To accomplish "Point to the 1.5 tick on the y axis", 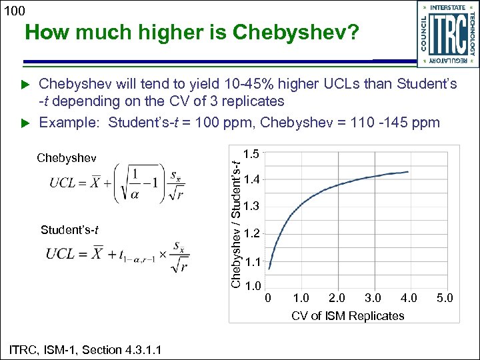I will pyautogui.click(x=252, y=154).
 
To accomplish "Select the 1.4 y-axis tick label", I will pyautogui.click(x=252, y=179).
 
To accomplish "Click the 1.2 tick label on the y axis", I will pyautogui.click(x=252, y=233).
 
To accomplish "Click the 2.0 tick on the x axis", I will pyautogui.click(x=337, y=297).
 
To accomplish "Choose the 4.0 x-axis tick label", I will pyautogui.click(x=409, y=297).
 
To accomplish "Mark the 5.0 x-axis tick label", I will pyautogui.click(x=445, y=297).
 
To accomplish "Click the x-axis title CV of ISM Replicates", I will pyautogui.click(x=347, y=315).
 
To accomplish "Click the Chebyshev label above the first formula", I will pyautogui.click(x=67, y=158).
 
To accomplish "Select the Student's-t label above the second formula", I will pyautogui.click(x=70, y=231).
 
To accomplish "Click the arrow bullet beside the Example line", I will pyautogui.click(x=25, y=123).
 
